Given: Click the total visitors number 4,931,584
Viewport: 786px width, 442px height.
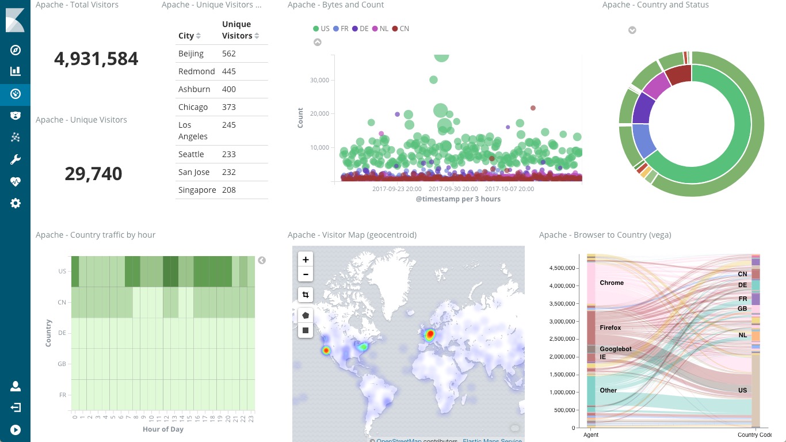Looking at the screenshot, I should [96, 59].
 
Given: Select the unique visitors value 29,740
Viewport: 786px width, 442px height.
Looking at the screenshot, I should [93, 174].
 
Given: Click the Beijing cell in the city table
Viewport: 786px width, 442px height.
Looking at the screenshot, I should [191, 54].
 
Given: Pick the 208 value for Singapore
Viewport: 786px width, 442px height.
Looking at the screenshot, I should [229, 190].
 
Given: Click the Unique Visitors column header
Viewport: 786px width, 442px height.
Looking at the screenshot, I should [237, 30].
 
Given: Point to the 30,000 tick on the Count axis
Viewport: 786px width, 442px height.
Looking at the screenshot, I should [319, 80].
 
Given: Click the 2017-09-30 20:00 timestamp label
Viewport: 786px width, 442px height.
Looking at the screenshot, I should [453, 189].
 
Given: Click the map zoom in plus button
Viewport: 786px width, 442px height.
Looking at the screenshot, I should [306, 260].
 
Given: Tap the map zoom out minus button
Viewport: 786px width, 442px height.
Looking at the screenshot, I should [306, 275].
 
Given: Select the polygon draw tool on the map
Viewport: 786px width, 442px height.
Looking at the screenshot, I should [306, 315].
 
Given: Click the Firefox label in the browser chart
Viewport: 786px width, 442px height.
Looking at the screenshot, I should [610, 328].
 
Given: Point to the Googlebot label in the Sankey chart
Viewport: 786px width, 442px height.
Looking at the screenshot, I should [615, 349].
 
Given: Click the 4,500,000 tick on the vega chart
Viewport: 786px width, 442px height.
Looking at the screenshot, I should [564, 268].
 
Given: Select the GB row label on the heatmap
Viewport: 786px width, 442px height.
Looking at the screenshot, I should [62, 364].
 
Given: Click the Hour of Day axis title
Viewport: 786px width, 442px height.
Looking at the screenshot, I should [163, 429].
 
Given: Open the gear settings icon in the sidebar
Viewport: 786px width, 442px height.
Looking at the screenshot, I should [16, 203].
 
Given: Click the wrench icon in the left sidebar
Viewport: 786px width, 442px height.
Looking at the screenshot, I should [16, 159].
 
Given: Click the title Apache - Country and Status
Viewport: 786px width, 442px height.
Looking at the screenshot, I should [655, 5].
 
